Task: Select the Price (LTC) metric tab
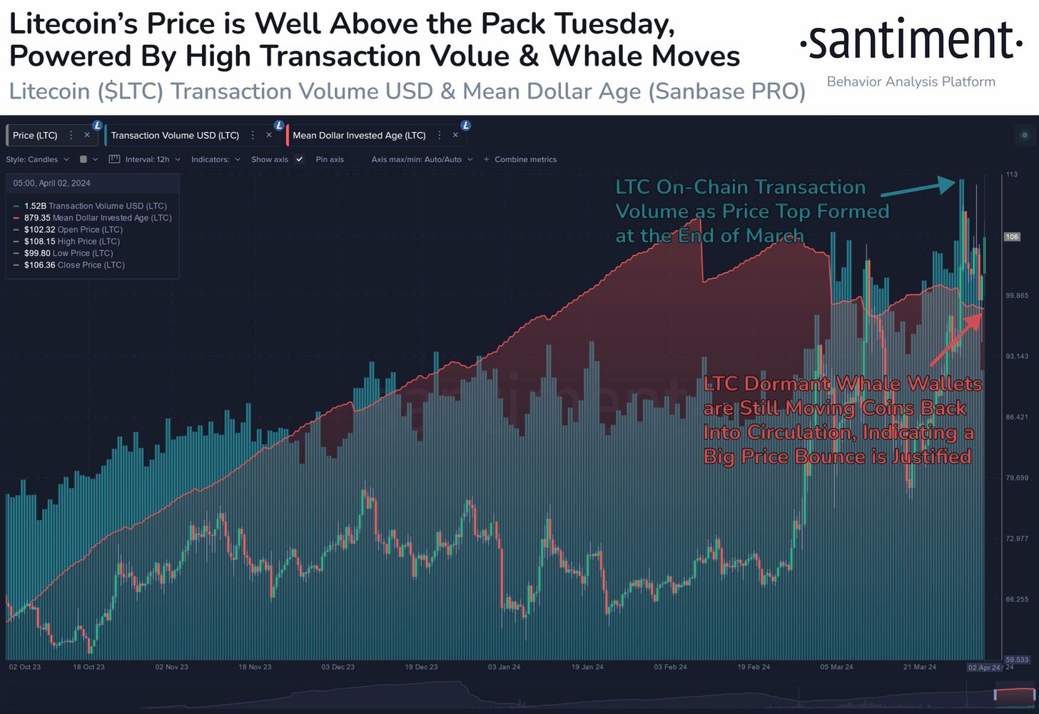pos(35,135)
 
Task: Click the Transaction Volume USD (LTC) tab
pos(175,135)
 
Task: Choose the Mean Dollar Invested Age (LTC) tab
pos(359,135)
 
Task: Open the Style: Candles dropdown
pos(37,159)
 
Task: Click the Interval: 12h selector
pos(146,159)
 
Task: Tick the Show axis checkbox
pos(300,159)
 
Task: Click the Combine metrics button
pos(520,159)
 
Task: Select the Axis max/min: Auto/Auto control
pos(422,159)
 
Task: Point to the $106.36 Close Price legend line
pos(74,265)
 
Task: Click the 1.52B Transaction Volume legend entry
pos(95,206)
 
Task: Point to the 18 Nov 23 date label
pos(255,667)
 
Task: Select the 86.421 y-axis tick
pos(1017,417)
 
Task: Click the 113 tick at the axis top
pos(1011,174)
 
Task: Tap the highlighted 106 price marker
pos(1012,236)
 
